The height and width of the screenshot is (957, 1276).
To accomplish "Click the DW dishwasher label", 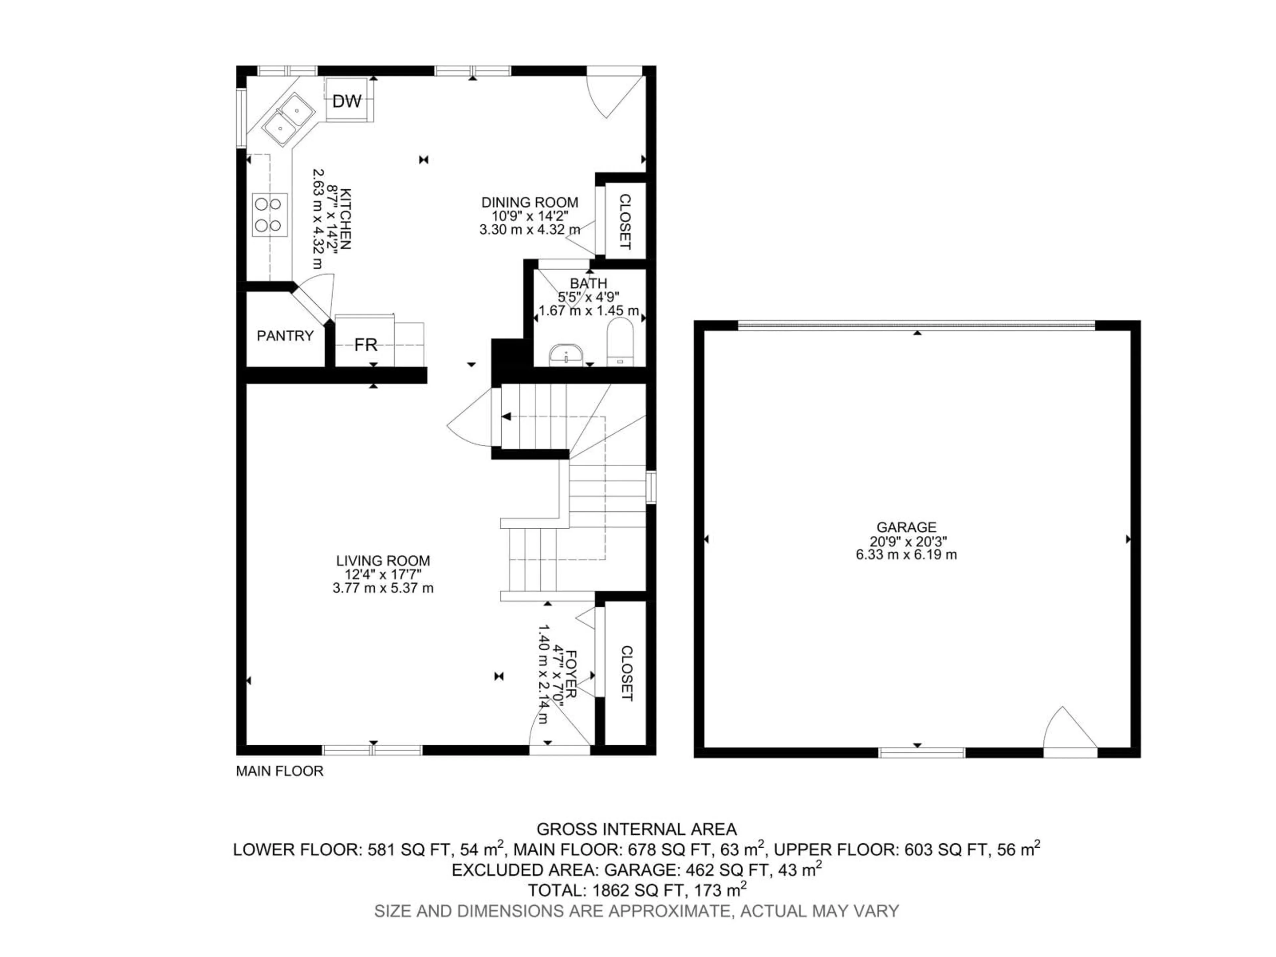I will coord(347,102).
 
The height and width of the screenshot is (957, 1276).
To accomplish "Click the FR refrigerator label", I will coord(366,345).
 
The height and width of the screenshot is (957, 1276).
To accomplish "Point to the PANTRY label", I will coord(285,336).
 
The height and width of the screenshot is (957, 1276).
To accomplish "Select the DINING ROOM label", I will coord(530,202).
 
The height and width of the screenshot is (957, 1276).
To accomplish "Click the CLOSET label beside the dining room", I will coord(625,222).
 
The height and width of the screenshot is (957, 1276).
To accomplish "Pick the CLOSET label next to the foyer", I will coord(626,673).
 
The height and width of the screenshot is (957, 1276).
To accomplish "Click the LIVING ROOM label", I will coord(383,561).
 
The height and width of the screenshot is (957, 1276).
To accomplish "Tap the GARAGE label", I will coord(906,527).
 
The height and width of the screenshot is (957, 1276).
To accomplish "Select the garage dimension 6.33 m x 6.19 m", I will coord(906,555).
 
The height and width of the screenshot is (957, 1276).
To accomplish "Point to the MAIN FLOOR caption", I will coord(280,771).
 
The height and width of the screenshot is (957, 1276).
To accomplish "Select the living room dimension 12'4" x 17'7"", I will coord(383,575).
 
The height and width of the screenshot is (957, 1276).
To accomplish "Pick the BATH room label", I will coord(588,283).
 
